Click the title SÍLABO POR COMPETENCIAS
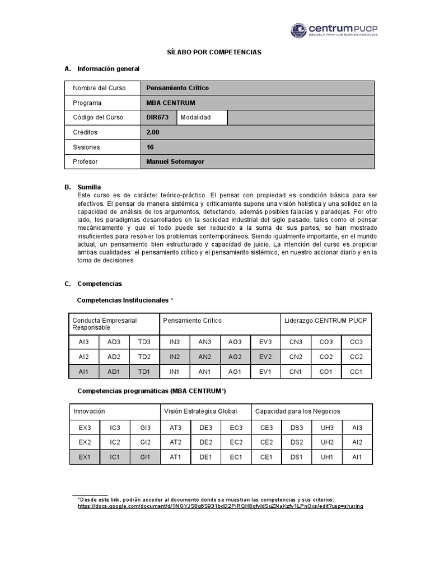pos(215,52)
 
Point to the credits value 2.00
pos(153,132)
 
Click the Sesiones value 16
pos(149,147)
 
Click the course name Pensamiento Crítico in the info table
pos(177,88)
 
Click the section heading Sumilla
pos(90,186)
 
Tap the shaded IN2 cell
pos(175,357)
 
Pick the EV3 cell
pos(265,342)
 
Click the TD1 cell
pos(144,371)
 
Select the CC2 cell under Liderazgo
pos(356,357)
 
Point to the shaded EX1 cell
pos(85,457)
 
